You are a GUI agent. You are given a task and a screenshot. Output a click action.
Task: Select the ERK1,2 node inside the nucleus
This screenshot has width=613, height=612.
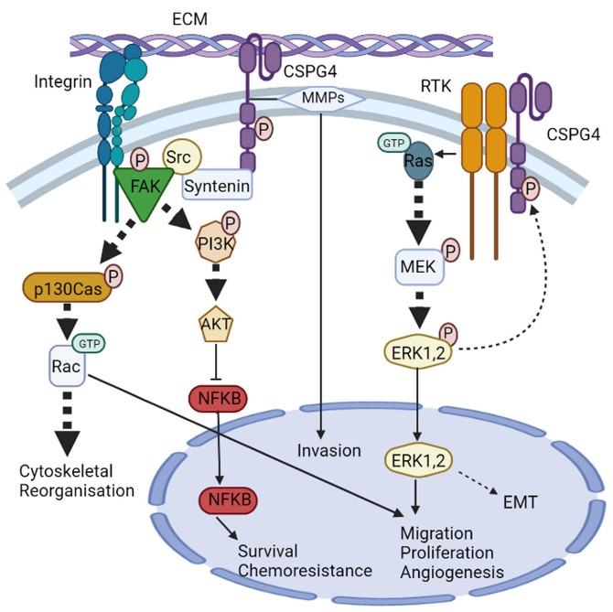(420, 457)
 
